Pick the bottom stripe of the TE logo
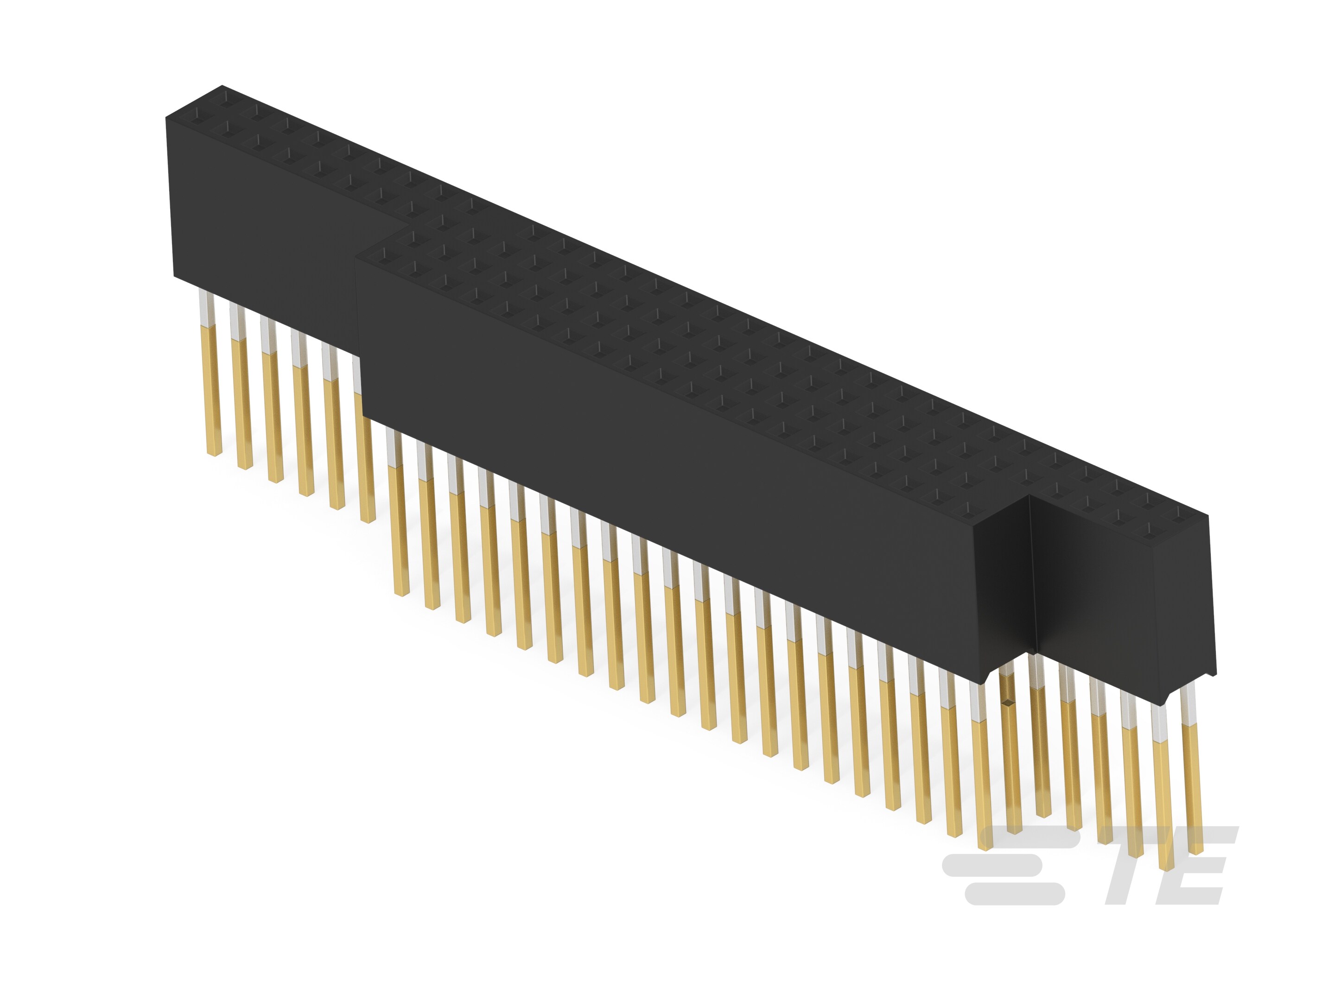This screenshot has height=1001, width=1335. (x=1015, y=893)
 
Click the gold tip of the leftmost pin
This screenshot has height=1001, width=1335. (x=214, y=450)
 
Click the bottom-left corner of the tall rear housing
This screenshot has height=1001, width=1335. (x=174, y=277)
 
